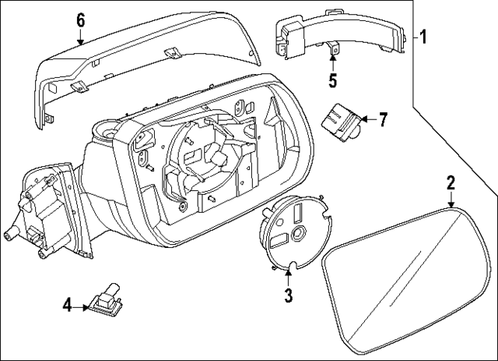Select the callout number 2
(x=450, y=183)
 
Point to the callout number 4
(x=67, y=306)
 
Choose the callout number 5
(x=332, y=80)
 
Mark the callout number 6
(x=80, y=21)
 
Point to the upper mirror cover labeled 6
(x=140, y=66)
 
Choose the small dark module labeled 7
(x=340, y=121)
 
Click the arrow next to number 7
(x=367, y=119)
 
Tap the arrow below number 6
(x=80, y=39)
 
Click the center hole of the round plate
(x=298, y=235)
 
